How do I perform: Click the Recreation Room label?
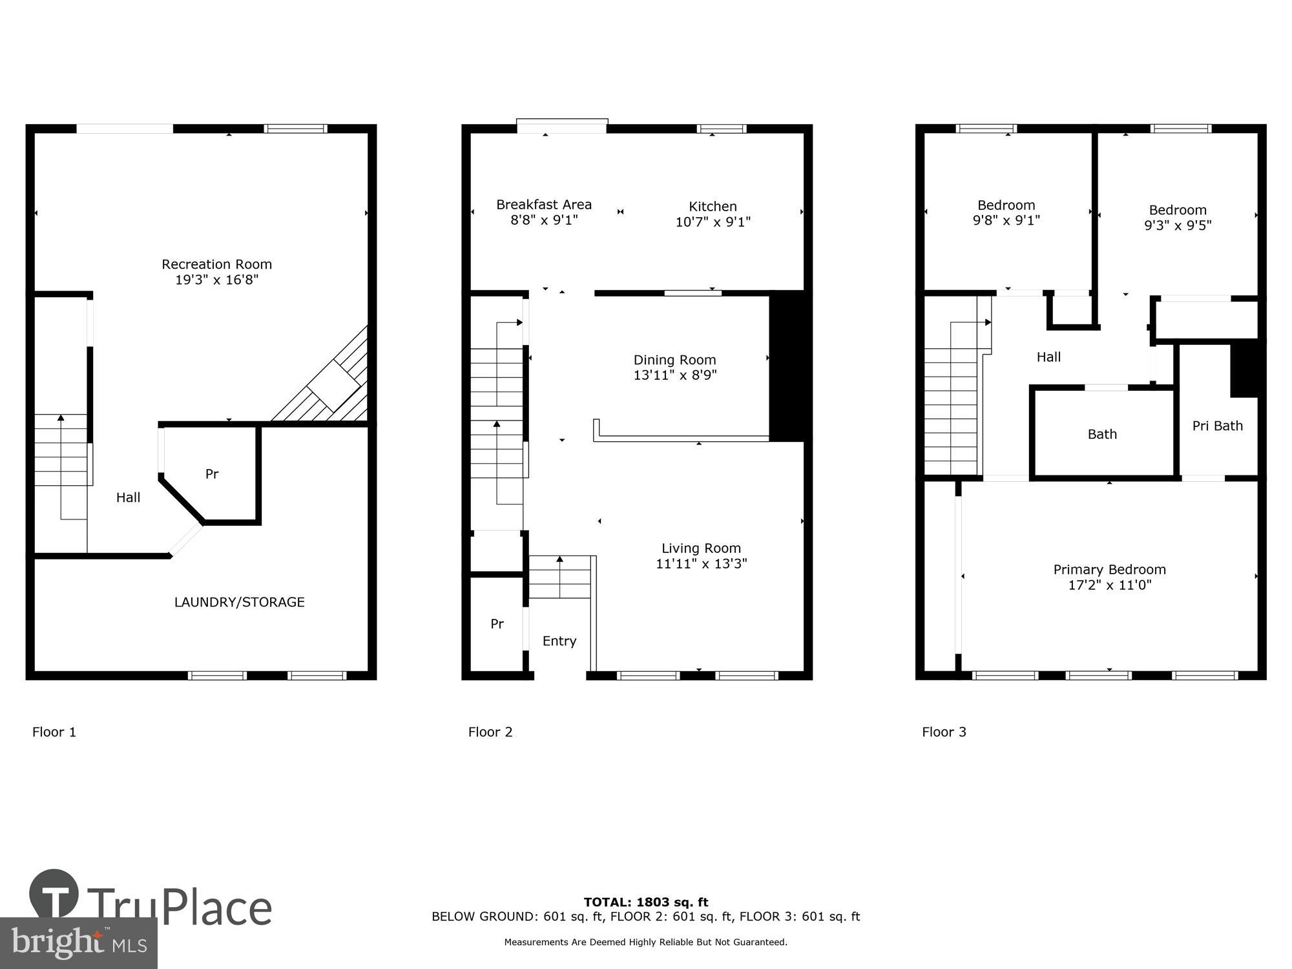(x=216, y=264)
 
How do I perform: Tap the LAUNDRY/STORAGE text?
(x=239, y=602)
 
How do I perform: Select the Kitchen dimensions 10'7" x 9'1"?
(x=713, y=222)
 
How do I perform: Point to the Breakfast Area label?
(x=543, y=205)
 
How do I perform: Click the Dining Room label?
(x=674, y=360)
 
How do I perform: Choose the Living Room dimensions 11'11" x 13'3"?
(x=701, y=563)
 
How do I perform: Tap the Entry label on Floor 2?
(x=559, y=641)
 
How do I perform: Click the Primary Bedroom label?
(x=1109, y=570)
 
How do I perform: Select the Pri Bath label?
(x=1217, y=426)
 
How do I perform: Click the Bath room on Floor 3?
(x=1102, y=434)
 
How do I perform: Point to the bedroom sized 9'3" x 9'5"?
(x=1177, y=218)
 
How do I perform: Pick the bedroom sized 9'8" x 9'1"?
(x=1006, y=213)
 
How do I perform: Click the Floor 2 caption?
(x=490, y=732)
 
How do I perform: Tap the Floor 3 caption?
(x=944, y=732)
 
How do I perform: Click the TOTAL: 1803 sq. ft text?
(x=645, y=902)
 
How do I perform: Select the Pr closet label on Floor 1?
(x=212, y=474)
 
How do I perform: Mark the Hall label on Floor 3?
(x=1048, y=357)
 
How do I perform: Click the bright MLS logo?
(x=78, y=943)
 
